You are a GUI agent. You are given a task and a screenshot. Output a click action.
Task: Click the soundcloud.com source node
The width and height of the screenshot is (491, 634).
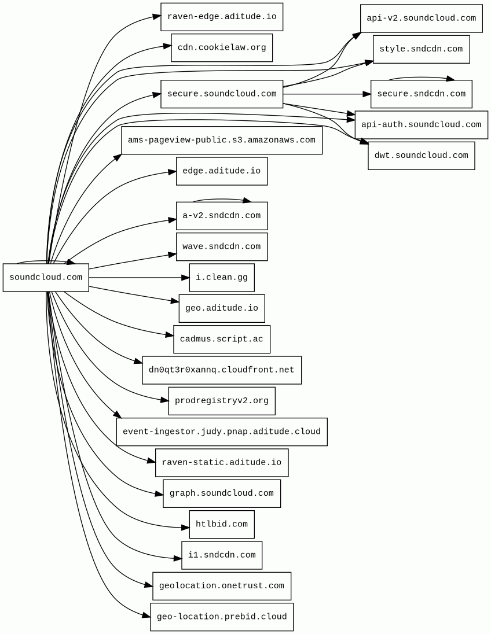pyautogui.click(x=46, y=278)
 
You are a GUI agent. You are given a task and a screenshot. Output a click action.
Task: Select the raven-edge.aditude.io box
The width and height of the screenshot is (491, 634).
pyautogui.click(x=222, y=17)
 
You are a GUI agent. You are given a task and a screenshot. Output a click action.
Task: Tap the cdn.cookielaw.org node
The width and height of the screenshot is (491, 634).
pyautogui.click(x=222, y=47)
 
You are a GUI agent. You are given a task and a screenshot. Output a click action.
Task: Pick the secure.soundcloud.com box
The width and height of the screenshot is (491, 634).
pyautogui.click(x=222, y=94)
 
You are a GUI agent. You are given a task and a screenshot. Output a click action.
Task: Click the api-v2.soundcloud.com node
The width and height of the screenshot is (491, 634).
pyautogui.click(x=422, y=18)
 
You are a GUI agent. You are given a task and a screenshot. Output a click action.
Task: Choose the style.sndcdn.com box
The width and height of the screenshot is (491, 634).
pyautogui.click(x=422, y=49)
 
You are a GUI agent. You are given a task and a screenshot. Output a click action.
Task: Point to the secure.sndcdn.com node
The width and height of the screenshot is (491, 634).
pyautogui.click(x=422, y=94)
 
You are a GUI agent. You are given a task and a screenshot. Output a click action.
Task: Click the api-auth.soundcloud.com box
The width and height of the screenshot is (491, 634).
pyautogui.click(x=422, y=124)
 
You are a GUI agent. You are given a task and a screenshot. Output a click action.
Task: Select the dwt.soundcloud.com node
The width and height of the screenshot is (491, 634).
pyautogui.click(x=422, y=156)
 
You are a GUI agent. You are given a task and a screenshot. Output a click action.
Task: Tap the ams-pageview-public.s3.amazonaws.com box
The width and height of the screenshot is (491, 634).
pyautogui.click(x=222, y=141)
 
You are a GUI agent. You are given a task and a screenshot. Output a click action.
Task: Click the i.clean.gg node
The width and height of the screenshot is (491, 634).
pyautogui.click(x=222, y=278)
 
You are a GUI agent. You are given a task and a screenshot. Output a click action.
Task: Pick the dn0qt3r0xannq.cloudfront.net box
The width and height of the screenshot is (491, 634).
pyautogui.click(x=222, y=370)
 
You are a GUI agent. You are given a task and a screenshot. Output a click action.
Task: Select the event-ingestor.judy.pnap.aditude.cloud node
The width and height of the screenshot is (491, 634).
pyautogui.click(x=222, y=432)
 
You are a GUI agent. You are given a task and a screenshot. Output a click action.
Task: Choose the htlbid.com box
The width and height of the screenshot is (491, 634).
pyautogui.click(x=222, y=525)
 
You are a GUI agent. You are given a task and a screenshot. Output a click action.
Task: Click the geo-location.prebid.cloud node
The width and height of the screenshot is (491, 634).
pyautogui.click(x=222, y=617)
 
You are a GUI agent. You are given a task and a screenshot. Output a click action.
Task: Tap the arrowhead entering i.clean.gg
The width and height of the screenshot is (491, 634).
pyautogui.click(x=185, y=278)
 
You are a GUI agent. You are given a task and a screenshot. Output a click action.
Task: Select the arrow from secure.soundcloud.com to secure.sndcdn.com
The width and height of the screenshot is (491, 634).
pyautogui.click(x=327, y=94)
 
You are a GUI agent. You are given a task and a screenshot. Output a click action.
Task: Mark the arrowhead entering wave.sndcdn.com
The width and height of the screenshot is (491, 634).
pyautogui.click(x=172, y=255)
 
